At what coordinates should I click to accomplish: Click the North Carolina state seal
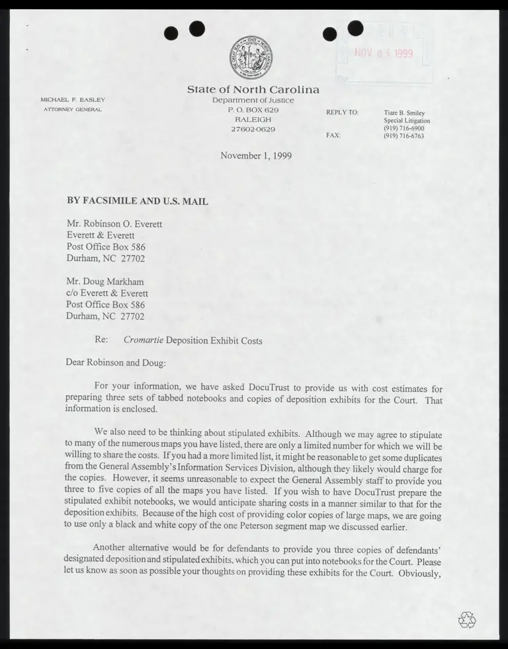[x=253, y=58]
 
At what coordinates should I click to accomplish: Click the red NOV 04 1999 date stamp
[x=384, y=54]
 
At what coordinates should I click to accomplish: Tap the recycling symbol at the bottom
[x=466, y=619]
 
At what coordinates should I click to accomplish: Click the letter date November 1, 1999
[x=256, y=156]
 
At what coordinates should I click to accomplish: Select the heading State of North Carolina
[x=253, y=89]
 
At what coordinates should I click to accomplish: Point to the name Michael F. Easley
[x=73, y=100]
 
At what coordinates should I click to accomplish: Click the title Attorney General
[x=73, y=109]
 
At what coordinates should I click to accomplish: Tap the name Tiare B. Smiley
[x=405, y=112]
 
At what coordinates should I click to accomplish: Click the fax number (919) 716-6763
[x=404, y=135]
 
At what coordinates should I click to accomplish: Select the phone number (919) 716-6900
[x=404, y=128]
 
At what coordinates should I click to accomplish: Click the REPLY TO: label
[x=342, y=112]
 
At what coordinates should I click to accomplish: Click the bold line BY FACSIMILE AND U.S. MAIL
[x=138, y=201]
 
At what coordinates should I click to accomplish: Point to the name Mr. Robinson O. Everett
[x=114, y=223]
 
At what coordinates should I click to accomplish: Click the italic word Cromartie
[x=144, y=340]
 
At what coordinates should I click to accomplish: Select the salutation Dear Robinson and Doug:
[x=116, y=363]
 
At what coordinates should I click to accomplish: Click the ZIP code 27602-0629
[x=253, y=129]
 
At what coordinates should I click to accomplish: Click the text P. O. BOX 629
[x=253, y=110]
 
